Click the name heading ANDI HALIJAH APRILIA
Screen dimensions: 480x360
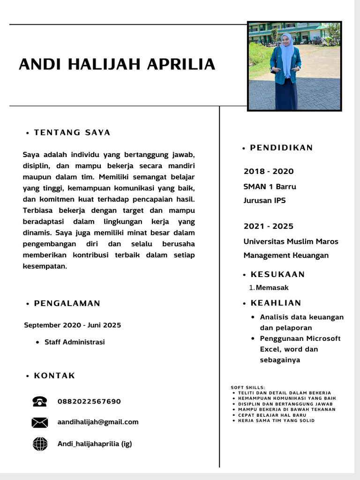[x=117, y=64]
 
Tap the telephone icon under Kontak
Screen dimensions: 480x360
[x=40, y=401]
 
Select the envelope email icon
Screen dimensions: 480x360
[x=40, y=422]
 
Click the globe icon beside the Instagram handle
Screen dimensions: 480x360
[x=40, y=443]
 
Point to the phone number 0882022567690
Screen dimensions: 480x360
[x=89, y=401]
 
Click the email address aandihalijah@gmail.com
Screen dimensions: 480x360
[x=98, y=422]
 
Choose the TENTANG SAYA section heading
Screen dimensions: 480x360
[x=72, y=133]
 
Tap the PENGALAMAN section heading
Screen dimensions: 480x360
[x=67, y=303]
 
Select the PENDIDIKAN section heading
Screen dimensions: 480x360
[x=281, y=148]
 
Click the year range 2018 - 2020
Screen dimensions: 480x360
[x=269, y=171]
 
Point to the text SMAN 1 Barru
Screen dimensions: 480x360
[x=270, y=187]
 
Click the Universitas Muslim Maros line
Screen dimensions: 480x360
[x=291, y=241]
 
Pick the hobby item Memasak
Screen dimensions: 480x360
[x=272, y=287]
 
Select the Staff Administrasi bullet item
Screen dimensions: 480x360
[x=75, y=342]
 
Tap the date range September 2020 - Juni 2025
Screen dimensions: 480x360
[x=72, y=325]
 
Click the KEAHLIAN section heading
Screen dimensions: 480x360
[x=276, y=303]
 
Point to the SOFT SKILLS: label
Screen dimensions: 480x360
[x=248, y=387]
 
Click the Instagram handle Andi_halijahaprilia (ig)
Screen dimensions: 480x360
[x=95, y=443]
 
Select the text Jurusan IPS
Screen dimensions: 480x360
[x=264, y=201]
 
